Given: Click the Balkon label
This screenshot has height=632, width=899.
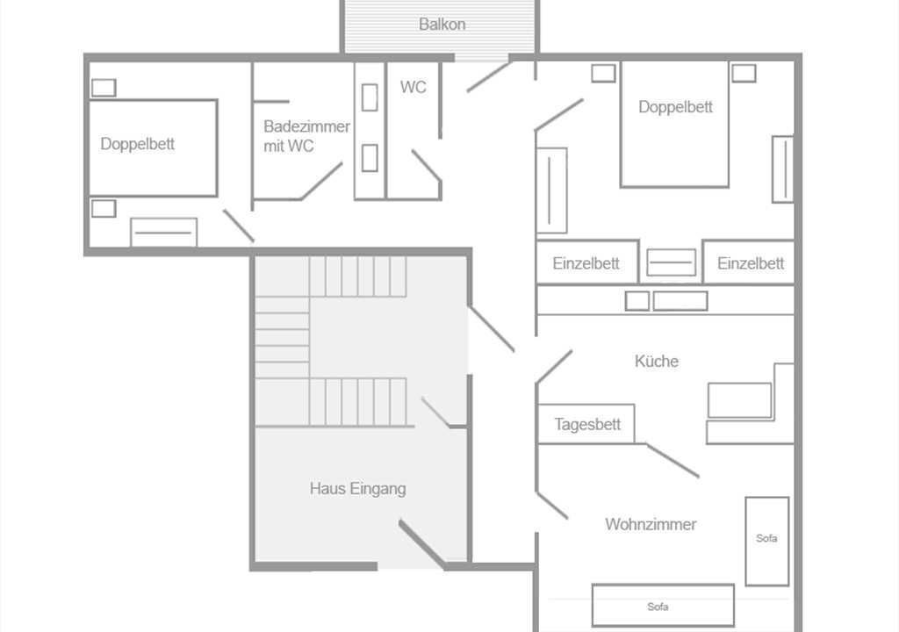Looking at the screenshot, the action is (x=442, y=25).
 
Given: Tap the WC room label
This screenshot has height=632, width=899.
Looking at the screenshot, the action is (x=413, y=87).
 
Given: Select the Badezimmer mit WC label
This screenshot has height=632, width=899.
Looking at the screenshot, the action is (x=306, y=136).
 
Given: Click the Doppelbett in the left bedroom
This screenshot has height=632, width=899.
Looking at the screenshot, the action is (x=153, y=148).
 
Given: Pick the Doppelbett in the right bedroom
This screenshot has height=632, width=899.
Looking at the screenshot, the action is (x=675, y=124).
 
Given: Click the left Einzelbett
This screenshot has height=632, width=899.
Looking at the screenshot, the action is (x=587, y=262).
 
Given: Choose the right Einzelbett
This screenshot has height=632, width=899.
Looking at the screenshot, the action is (x=749, y=262).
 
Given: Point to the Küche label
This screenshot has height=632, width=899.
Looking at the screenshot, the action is (x=657, y=362).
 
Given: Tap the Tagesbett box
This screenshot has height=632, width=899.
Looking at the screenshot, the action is (x=586, y=424).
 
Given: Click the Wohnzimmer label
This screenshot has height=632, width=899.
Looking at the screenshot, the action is (x=651, y=524).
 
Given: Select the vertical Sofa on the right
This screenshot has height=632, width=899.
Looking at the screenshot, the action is (x=766, y=541).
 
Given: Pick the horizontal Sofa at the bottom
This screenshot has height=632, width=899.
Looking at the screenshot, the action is (x=663, y=605).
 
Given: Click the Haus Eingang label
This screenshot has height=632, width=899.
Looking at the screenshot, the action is (x=358, y=489).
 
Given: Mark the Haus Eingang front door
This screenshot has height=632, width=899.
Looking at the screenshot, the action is (x=422, y=543).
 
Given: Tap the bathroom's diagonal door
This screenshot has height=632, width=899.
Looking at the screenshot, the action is (x=321, y=181).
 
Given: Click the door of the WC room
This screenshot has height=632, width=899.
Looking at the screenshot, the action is (x=427, y=167).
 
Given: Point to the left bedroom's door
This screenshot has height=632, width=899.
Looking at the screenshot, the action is (x=239, y=226).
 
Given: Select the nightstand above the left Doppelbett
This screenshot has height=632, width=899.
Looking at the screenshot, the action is (x=104, y=88).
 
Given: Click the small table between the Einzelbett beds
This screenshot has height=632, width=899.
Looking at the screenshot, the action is (x=671, y=262).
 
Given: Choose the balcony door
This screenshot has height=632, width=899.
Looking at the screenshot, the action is (x=488, y=77).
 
